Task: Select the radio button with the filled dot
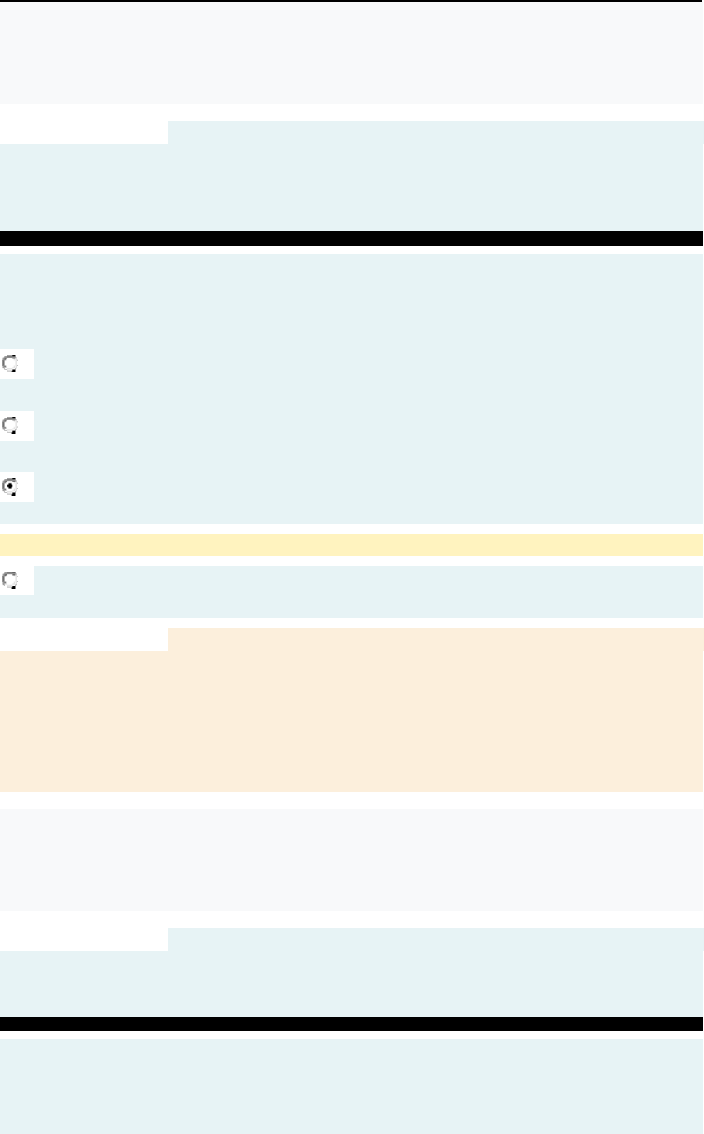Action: coord(11,486)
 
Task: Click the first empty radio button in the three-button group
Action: coord(11,363)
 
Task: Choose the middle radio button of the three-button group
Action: coord(11,425)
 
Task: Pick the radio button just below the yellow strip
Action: coord(11,580)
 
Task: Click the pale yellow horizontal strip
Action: coord(352,545)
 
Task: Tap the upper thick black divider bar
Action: coord(352,239)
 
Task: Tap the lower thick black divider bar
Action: coord(352,1023)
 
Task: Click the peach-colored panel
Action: coord(413,710)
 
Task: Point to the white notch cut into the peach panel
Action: coord(83,638)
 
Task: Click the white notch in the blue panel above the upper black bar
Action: coord(83,132)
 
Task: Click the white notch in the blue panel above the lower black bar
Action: coord(83,939)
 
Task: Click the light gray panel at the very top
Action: coord(352,52)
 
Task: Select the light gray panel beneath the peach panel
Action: coord(352,859)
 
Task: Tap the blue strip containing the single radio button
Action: coord(372,591)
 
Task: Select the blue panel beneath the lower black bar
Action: coord(352,1086)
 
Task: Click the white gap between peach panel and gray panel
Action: coord(352,800)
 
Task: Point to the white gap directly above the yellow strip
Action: coord(352,529)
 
